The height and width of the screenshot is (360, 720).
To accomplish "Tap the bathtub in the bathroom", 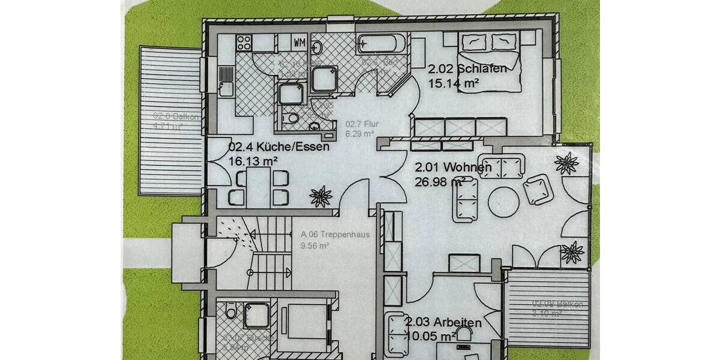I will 383,44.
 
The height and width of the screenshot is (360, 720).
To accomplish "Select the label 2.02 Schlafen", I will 467,69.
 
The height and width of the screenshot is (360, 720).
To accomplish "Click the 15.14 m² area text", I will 453,83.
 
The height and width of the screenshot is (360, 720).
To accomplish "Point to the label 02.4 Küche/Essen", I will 279,146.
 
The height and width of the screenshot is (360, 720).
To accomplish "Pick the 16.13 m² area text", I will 253,161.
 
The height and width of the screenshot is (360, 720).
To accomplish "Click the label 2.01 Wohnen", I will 453,167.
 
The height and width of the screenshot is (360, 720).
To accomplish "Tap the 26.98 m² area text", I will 440,181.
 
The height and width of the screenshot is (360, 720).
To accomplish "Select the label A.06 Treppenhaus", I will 326,235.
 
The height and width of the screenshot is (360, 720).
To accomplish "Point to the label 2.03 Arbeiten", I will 443,323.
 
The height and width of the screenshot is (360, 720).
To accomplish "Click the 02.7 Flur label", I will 360,124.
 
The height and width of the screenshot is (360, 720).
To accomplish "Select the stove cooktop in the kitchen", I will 244,43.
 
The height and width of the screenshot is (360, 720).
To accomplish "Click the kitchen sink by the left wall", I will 226,88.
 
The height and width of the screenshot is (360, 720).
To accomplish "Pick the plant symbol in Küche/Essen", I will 322,196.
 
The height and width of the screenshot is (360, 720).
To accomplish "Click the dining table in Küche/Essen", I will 259,187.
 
